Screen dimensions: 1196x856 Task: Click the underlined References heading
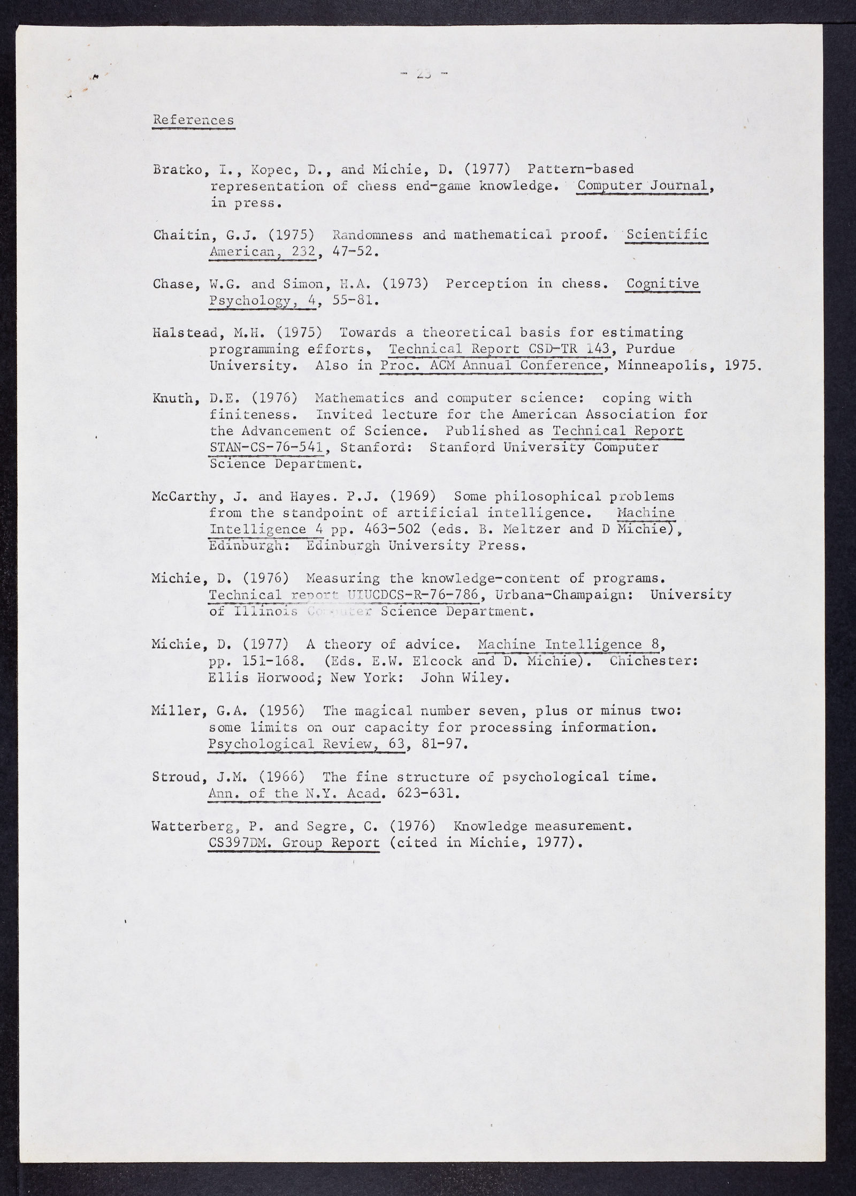point(193,120)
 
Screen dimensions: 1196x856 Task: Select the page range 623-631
point(427,793)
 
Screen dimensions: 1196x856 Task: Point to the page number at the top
point(424,74)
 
